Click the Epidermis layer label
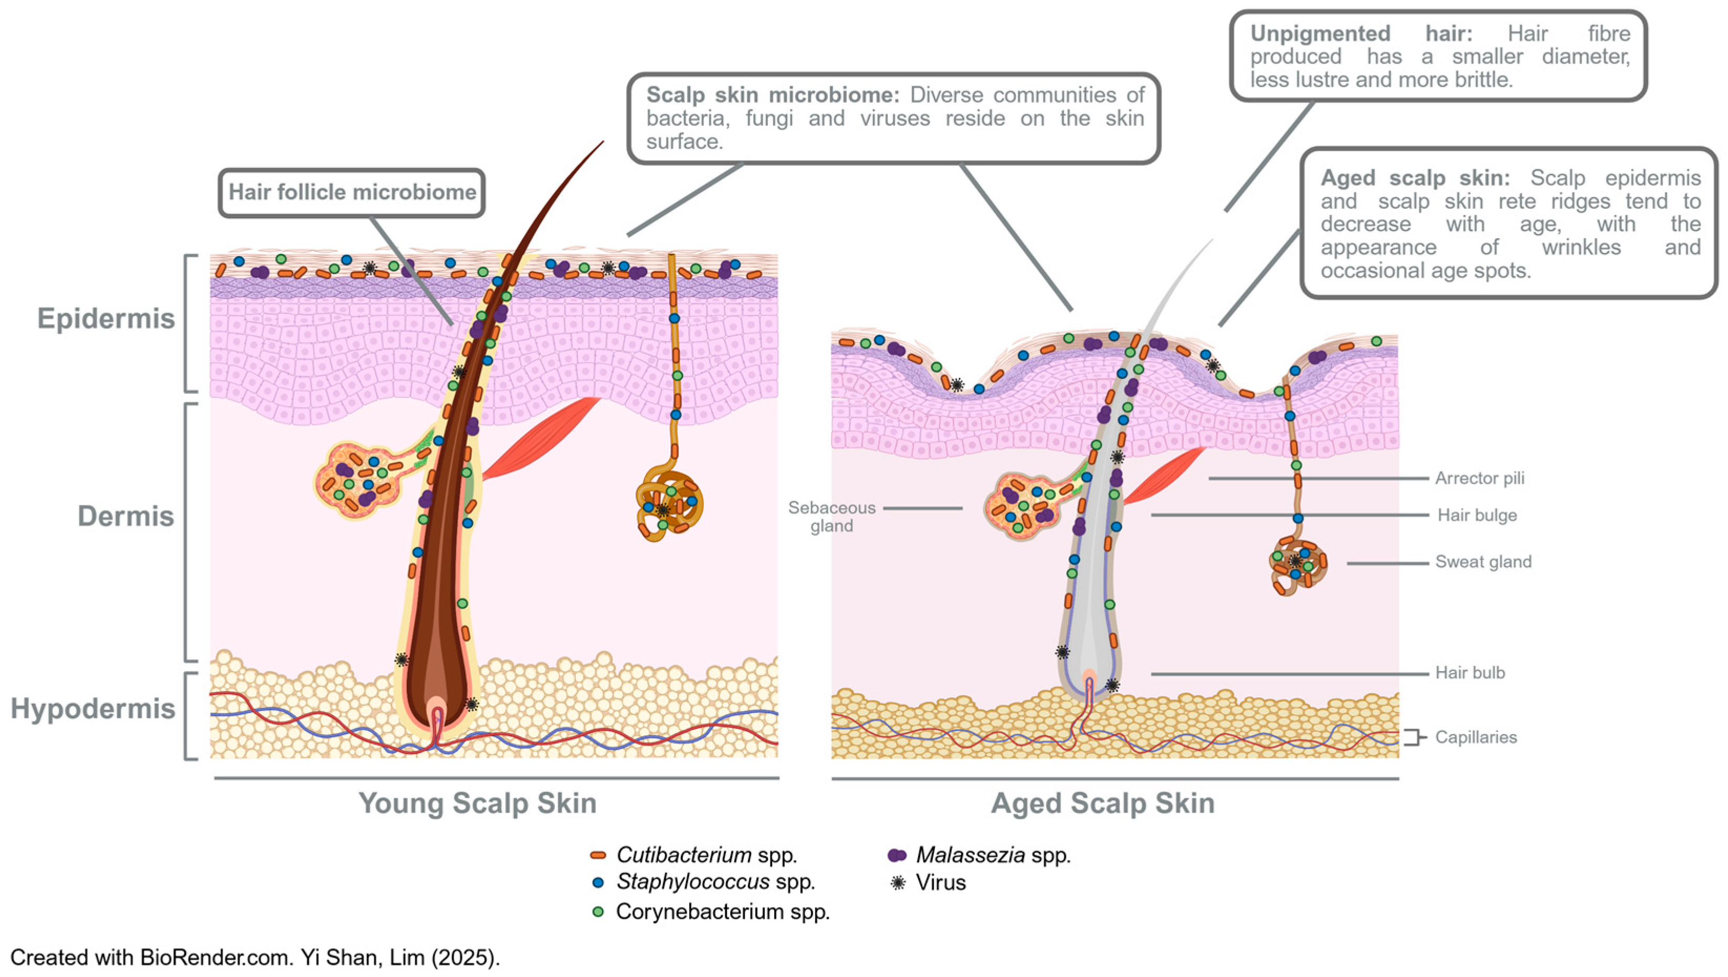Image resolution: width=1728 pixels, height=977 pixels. pyautogui.click(x=106, y=318)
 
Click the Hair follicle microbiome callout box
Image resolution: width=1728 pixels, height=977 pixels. pyautogui.click(x=352, y=193)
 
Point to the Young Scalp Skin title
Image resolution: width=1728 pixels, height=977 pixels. pyautogui.click(x=477, y=803)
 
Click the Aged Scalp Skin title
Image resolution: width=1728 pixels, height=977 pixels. pyautogui.click(x=1102, y=803)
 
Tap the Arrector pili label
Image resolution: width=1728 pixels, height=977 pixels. pyautogui.click(x=1479, y=479)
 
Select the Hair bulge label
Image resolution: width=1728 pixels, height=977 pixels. pyautogui.click(x=1477, y=515)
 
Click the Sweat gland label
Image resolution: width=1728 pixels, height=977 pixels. pyautogui.click(x=1483, y=561)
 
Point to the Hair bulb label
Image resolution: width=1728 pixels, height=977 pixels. pyautogui.click(x=1470, y=672)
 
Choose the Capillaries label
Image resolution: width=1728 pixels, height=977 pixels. pyautogui.click(x=1476, y=737)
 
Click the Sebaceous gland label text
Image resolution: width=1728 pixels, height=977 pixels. pyautogui.click(x=831, y=517)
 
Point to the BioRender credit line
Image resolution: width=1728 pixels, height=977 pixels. pyautogui.click(x=255, y=958)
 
